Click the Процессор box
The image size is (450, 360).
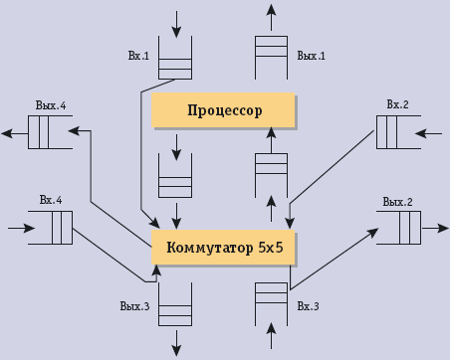[x=223, y=110]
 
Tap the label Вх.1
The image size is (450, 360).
[x=138, y=57]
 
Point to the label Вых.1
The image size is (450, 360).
[x=312, y=57]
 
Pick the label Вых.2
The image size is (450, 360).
[x=397, y=202]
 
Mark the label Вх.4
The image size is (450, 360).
[x=52, y=201]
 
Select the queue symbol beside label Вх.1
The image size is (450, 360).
[x=176, y=57]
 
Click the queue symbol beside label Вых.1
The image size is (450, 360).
[x=271, y=57]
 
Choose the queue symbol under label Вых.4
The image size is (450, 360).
[x=49, y=131]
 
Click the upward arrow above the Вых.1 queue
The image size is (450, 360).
[x=271, y=16]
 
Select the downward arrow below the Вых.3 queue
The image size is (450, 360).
[x=176, y=341]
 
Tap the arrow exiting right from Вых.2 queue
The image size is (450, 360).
[x=436, y=229]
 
